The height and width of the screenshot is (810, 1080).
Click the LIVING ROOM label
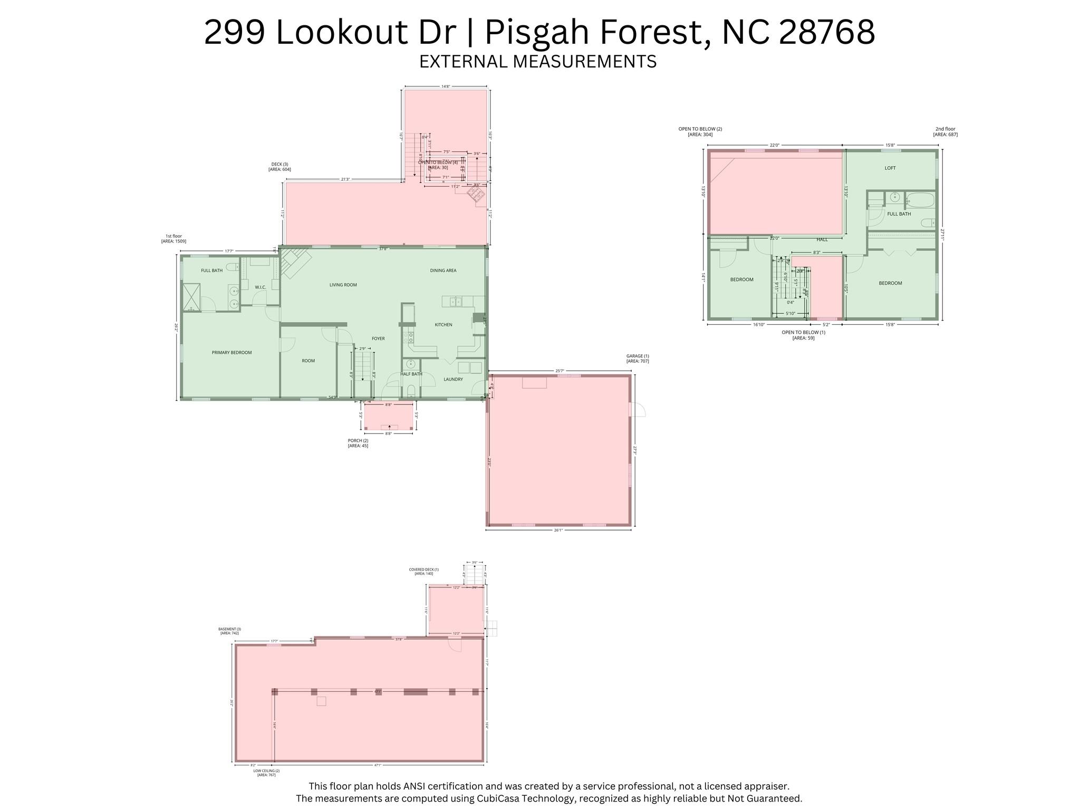click(x=343, y=285)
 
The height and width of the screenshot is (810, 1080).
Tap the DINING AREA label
click(x=443, y=271)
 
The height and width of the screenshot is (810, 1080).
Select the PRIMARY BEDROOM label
click(x=232, y=352)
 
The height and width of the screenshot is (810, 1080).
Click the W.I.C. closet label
click(x=261, y=287)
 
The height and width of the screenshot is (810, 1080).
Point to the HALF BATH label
click(x=411, y=374)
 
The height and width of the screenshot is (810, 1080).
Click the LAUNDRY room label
click(x=453, y=379)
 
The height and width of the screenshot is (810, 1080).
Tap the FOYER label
click(x=378, y=339)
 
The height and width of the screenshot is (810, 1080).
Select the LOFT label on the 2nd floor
click(x=890, y=168)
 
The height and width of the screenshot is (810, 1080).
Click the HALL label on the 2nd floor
click(x=822, y=239)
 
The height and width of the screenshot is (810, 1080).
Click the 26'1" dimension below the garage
click(x=558, y=531)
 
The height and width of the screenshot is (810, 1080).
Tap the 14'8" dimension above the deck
click(x=446, y=86)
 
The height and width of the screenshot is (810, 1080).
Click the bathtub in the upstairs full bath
click(x=920, y=200)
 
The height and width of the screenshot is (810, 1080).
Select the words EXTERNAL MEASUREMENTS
click(x=538, y=62)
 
